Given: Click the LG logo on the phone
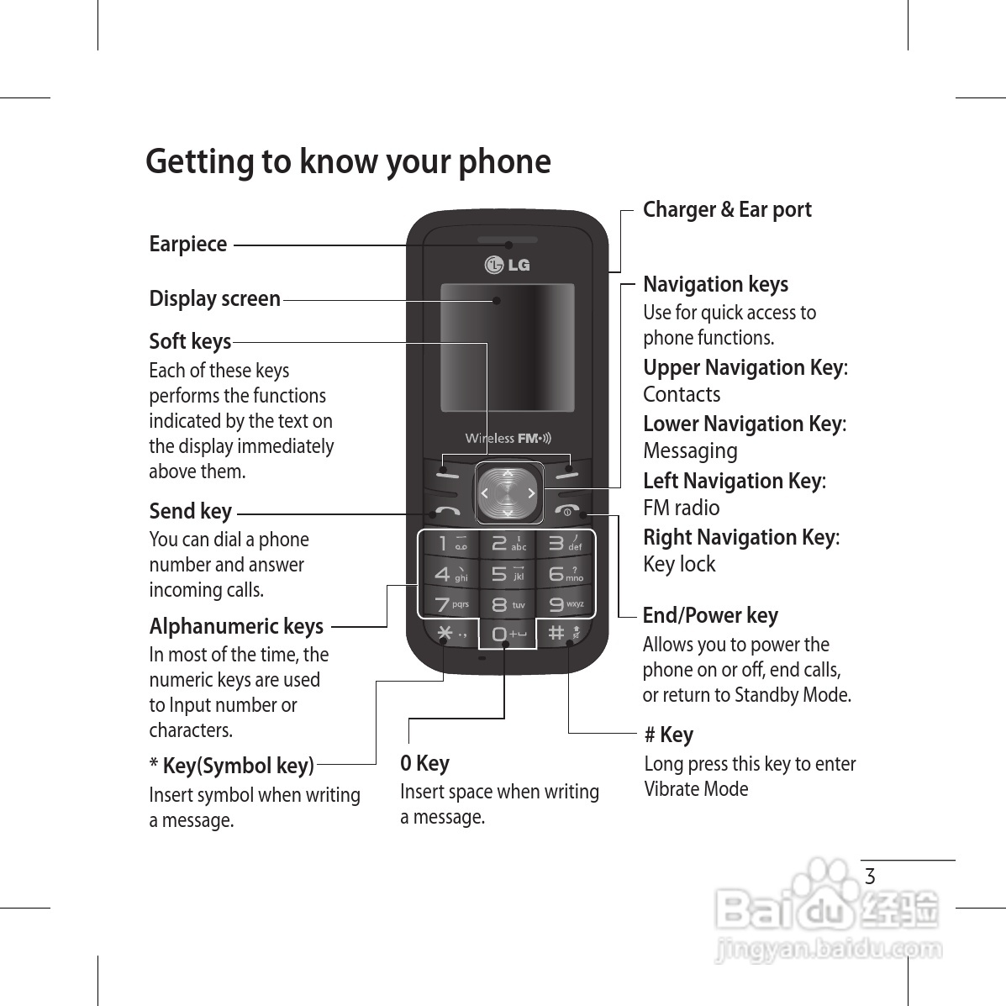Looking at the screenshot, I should coord(508,265).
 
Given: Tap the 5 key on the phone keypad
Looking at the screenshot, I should coord(507,574).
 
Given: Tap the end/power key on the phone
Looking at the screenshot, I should coord(566,511).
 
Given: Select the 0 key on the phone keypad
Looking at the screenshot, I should coord(507,635).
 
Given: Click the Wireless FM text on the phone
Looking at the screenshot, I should coord(508,438).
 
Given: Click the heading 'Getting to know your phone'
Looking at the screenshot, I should coord(348,161).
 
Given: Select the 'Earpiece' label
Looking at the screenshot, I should coord(188,244).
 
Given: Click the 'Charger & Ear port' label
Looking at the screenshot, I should coord(727,209).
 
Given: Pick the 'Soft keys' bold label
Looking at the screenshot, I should coord(190,341).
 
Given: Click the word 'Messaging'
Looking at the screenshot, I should coord(690,451).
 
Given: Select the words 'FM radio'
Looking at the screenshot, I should coord(681,508).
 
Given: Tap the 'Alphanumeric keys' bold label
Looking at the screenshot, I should coord(236,626).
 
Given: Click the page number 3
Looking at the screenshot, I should coord(870,877).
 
